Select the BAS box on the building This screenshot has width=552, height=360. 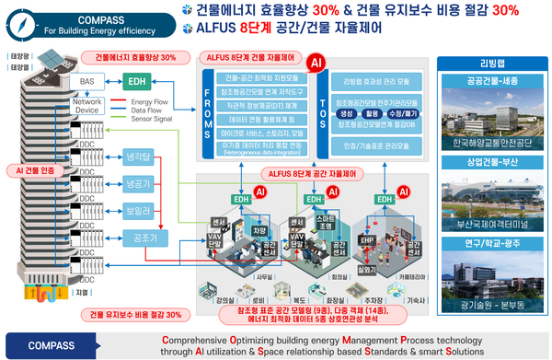pyautogui.click(x=88, y=81)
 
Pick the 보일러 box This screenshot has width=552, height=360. pyautogui.click(x=143, y=208)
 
